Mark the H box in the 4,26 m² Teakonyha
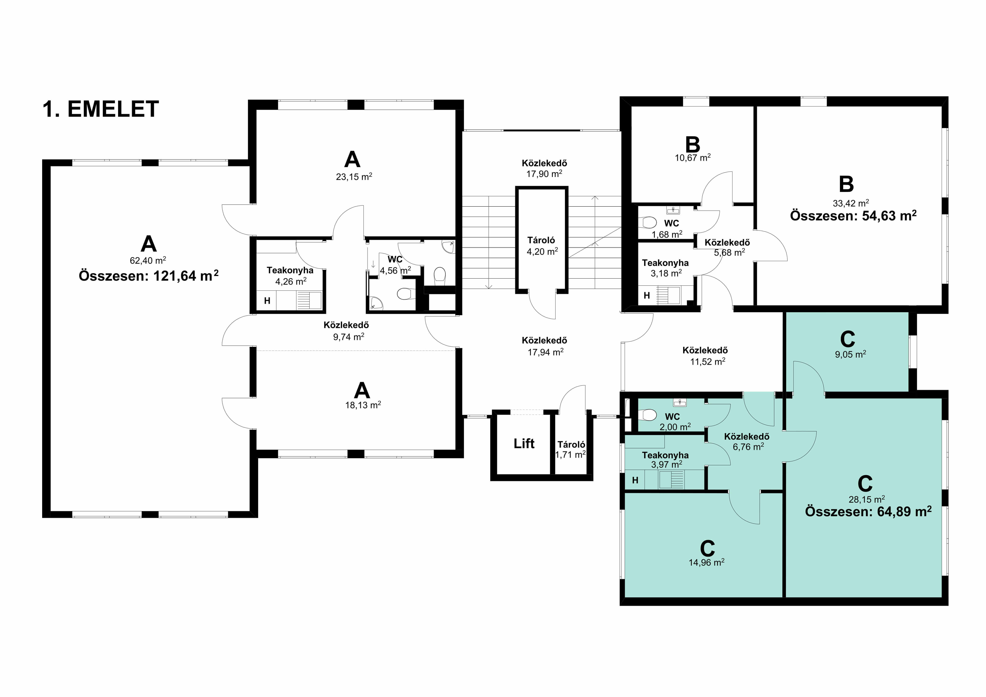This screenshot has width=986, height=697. [267, 301]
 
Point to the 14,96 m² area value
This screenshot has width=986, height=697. [707, 562]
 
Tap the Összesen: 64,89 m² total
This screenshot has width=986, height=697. [868, 512]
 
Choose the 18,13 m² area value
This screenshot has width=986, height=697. [363, 405]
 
